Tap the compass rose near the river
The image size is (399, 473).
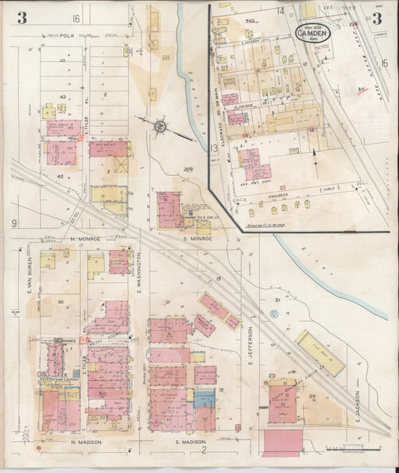tap(160, 126)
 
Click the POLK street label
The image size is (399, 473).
tap(68, 34)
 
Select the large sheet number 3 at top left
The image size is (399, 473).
tap(22, 18)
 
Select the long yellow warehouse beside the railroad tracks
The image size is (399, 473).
tap(320, 353)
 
